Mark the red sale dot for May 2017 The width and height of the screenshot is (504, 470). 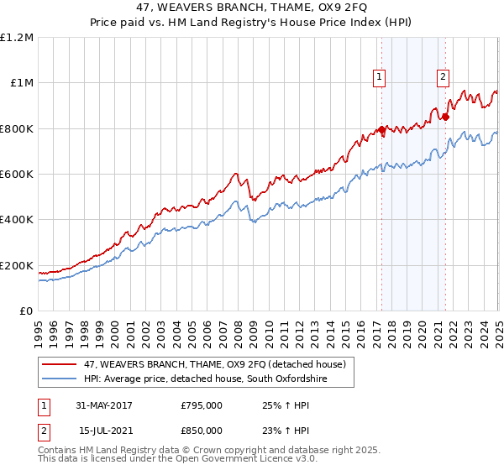coord(381,130)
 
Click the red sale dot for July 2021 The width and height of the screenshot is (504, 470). coord(445,117)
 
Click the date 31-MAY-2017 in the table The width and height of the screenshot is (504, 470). coord(103,405)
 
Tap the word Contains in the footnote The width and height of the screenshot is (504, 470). coord(59,452)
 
